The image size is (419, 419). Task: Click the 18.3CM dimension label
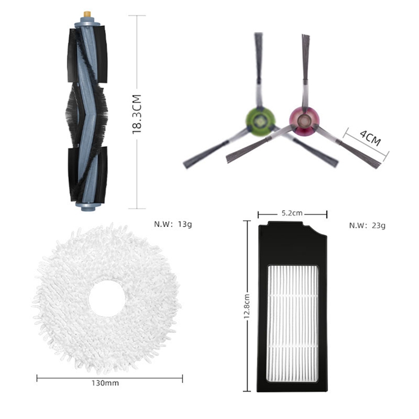tap(137, 114)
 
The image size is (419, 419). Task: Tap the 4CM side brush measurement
tap(370, 138)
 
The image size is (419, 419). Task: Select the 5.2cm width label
tap(292, 213)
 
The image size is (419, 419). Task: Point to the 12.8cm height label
tap(247, 306)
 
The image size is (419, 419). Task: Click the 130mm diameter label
tap(105, 383)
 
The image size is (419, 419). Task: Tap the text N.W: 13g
tap(173, 224)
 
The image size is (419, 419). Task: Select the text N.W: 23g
tap(367, 226)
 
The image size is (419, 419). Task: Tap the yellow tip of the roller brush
tap(87, 14)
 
